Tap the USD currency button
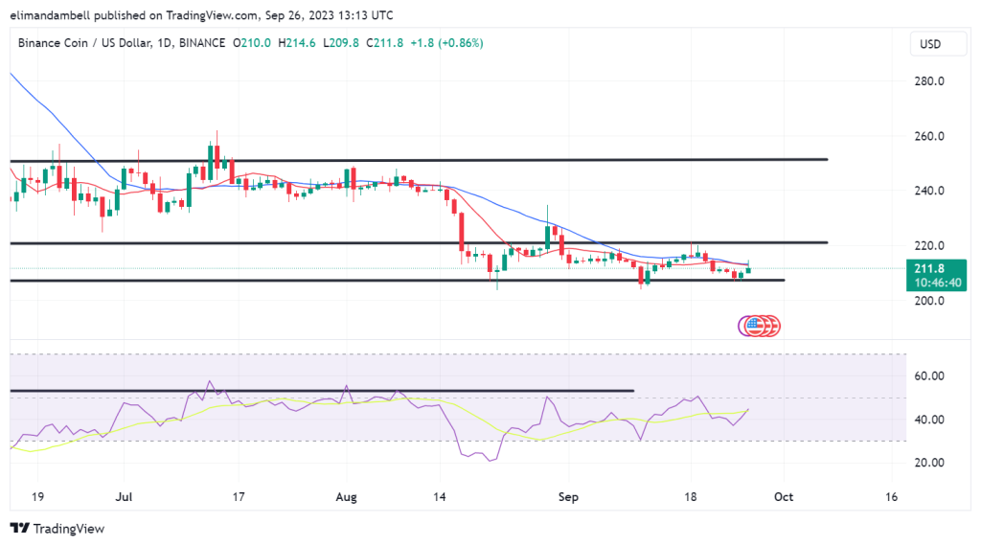pyautogui.click(x=929, y=44)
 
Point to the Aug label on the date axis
pyautogui.click(x=348, y=497)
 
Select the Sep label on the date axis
pyautogui.click(x=567, y=497)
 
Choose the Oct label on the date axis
pyautogui.click(x=784, y=497)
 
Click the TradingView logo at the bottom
pyautogui.click(x=57, y=529)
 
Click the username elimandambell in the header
pyautogui.click(x=62, y=15)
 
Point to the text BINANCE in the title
pyautogui.click(x=201, y=43)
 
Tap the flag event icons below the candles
pyautogui.click(x=760, y=326)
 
